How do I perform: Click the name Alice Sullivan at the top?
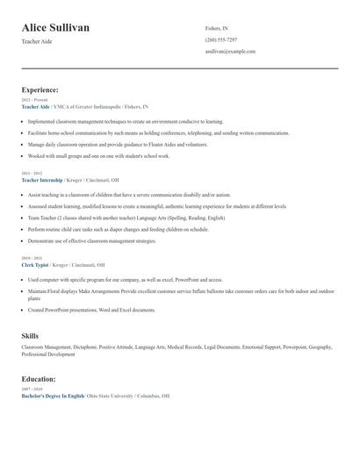point(55,28)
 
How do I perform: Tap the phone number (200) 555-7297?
point(220,39)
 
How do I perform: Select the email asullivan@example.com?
point(230,51)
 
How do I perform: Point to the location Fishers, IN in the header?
point(218,28)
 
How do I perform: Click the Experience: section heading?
point(40,89)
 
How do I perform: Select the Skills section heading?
point(30,335)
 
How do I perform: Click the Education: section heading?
point(39,379)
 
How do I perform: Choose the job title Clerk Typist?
point(36,264)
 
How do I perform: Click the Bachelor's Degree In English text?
point(53,396)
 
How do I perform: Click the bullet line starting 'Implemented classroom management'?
point(126,121)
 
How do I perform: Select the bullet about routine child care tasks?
point(119,229)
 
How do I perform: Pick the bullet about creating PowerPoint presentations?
point(91,310)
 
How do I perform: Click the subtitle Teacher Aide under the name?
point(37,41)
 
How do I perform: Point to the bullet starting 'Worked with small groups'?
point(99,155)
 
